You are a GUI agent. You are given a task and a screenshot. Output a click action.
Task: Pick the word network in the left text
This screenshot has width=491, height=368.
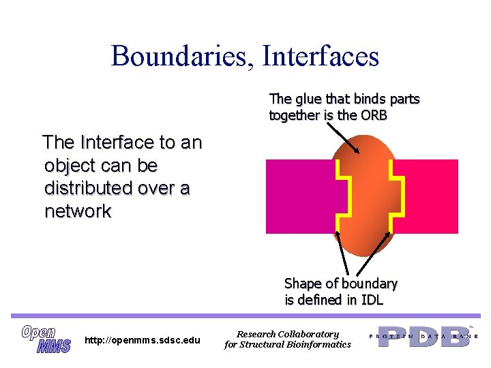(78, 211)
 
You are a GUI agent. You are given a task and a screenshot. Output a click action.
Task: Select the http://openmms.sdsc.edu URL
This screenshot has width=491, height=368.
(142, 340)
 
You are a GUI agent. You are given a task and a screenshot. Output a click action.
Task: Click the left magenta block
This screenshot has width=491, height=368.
(300, 198)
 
